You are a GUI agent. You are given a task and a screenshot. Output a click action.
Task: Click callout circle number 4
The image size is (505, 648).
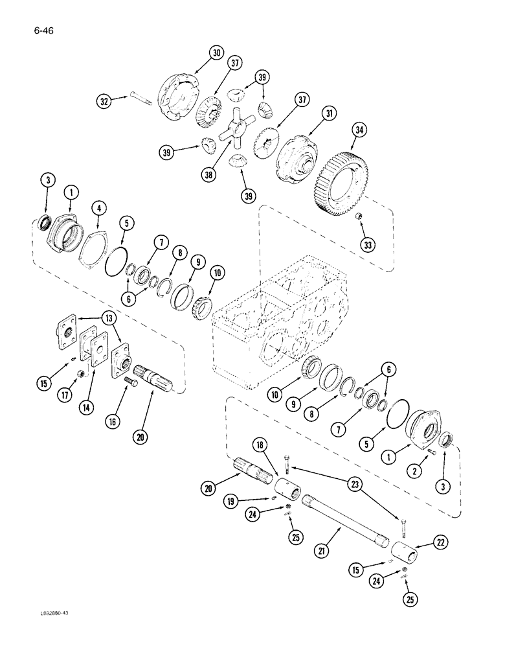(98, 208)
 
